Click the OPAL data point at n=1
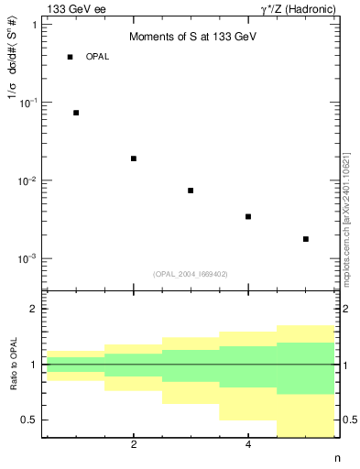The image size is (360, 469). pyautogui.click(x=76, y=113)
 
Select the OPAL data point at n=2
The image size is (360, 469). pyautogui.click(x=134, y=158)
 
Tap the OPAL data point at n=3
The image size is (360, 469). pyautogui.click(x=191, y=191)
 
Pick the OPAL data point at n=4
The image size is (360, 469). pyautogui.click(x=248, y=217)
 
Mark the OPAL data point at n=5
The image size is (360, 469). pyautogui.click(x=306, y=239)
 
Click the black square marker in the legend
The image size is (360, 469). pyautogui.click(x=70, y=57)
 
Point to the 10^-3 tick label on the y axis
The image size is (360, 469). pyautogui.click(x=27, y=259)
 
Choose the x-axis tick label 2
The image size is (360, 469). pyautogui.click(x=134, y=445)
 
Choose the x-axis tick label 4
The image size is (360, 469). pyautogui.click(x=248, y=445)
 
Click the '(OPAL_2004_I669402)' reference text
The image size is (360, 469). pyautogui.click(x=191, y=273)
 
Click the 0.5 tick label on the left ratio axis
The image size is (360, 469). pyautogui.click(x=28, y=420)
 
